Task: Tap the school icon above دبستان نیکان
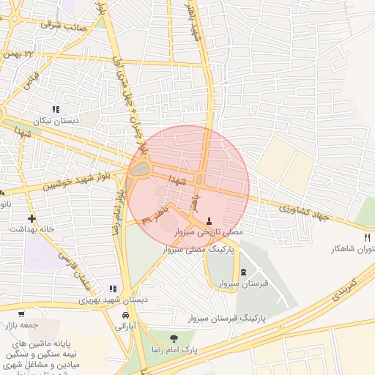[x=56, y=109]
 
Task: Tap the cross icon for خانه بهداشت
[x=31, y=218]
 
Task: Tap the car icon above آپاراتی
[x=126, y=316]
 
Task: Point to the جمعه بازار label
[x=21, y=324]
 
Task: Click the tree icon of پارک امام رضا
[x=174, y=338]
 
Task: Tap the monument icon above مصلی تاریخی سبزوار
[x=209, y=220]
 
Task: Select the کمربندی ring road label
[x=342, y=287]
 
